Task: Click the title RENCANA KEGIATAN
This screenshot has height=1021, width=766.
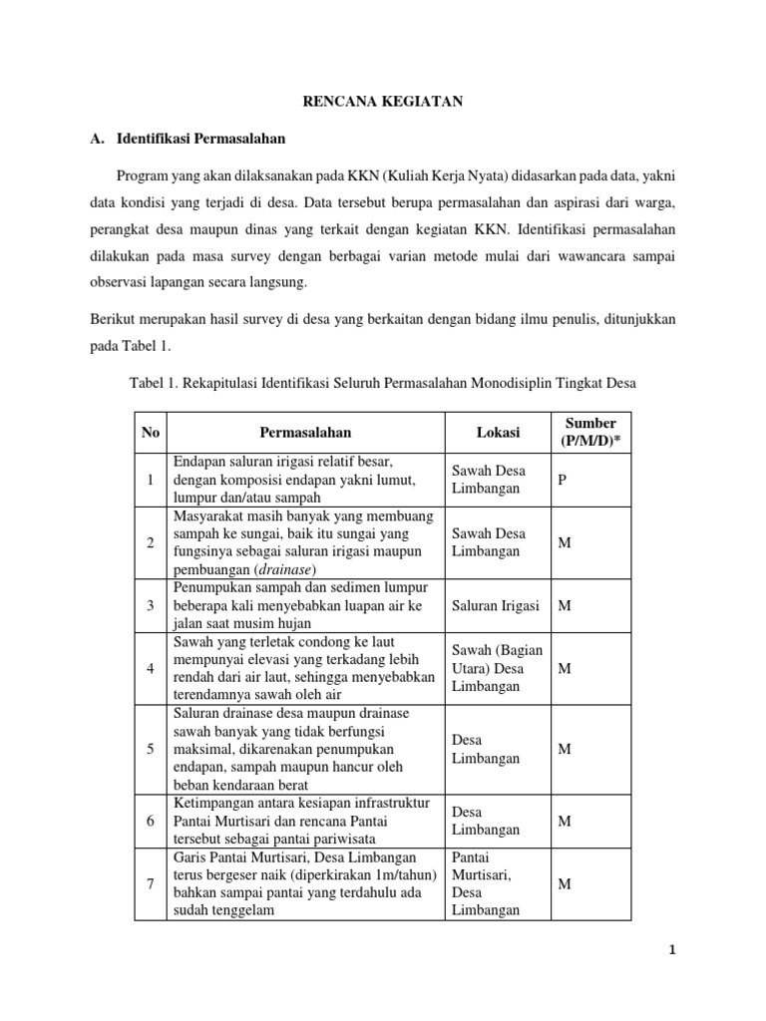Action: click(x=383, y=101)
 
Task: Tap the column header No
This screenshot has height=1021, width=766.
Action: click(x=151, y=433)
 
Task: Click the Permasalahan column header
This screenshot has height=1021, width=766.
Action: click(x=305, y=433)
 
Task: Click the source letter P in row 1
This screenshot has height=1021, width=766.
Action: click(x=563, y=481)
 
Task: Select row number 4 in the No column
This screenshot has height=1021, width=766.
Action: click(x=151, y=669)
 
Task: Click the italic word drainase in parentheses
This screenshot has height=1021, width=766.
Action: click(x=287, y=568)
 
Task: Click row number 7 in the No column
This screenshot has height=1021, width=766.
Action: click(x=151, y=883)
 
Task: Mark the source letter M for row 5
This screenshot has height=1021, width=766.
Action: click(x=564, y=749)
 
